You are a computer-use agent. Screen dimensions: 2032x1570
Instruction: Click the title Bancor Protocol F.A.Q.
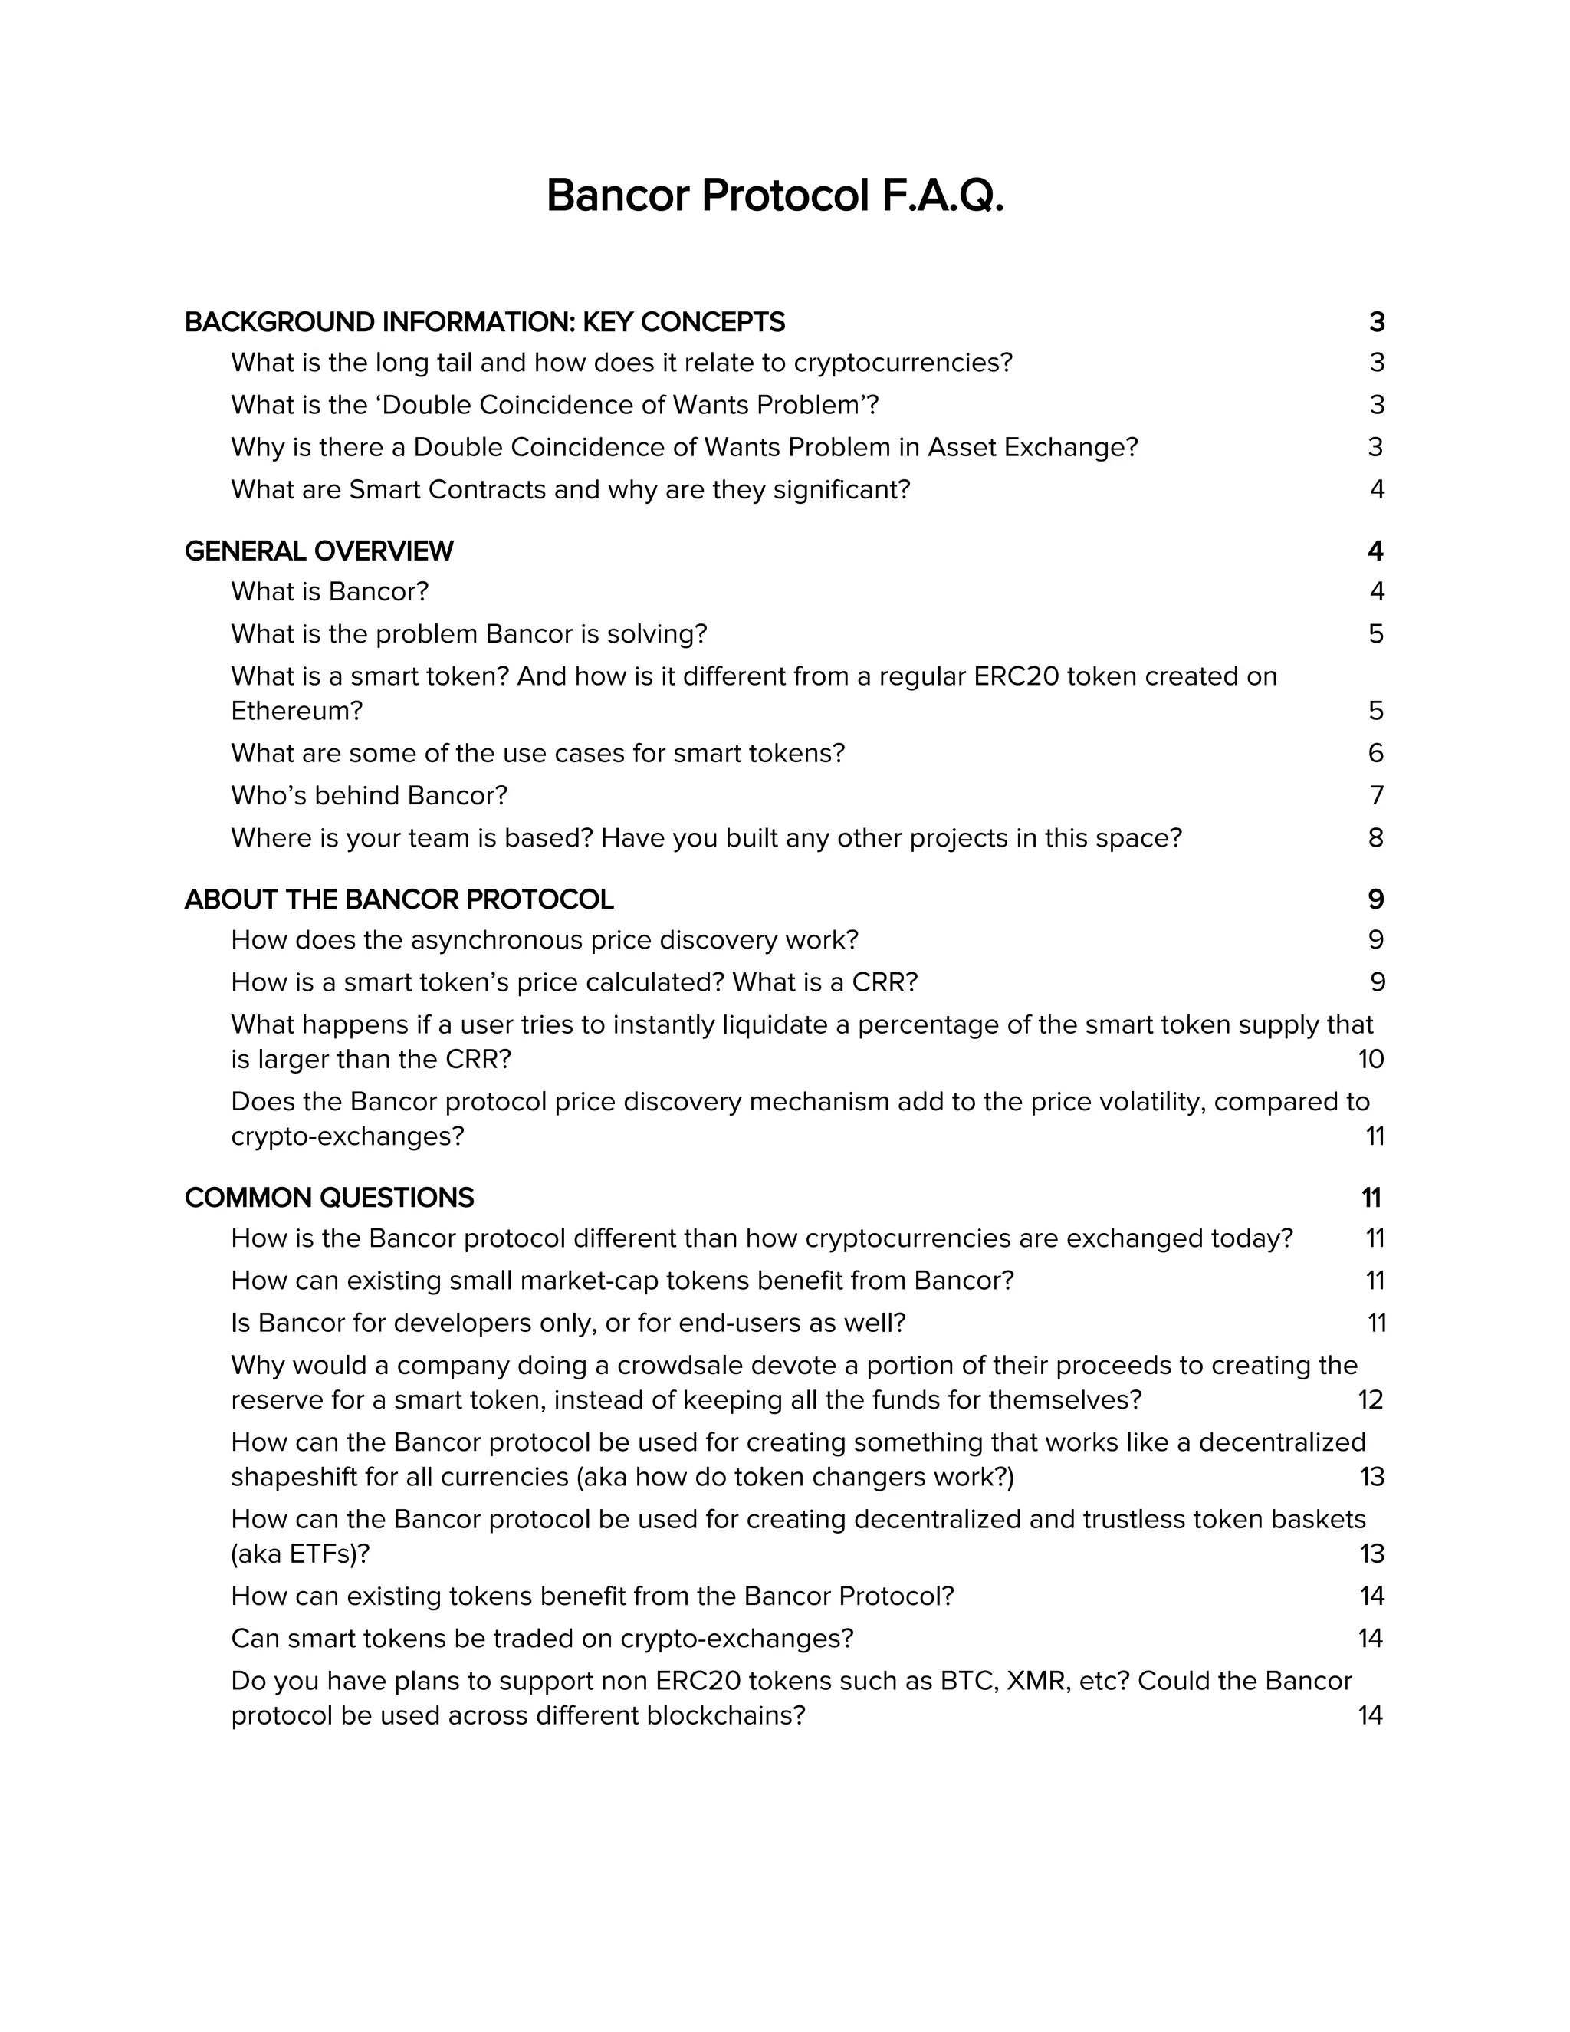[775, 196]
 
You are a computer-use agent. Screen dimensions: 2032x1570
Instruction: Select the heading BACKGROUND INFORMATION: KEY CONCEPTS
[484, 322]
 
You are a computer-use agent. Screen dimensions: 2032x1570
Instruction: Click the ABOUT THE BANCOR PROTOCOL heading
[399, 899]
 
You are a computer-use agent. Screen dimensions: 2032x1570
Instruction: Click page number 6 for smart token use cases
[1375, 753]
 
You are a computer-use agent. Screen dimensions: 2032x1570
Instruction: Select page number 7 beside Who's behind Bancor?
[1377, 795]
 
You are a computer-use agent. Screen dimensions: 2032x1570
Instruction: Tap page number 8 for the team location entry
[1375, 837]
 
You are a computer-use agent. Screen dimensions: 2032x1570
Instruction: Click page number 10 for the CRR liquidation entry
[1371, 1059]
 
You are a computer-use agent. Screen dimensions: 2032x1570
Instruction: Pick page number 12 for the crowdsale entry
[1370, 1399]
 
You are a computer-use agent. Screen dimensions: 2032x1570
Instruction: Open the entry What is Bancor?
[329, 592]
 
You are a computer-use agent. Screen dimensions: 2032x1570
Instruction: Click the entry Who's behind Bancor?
[370, 795]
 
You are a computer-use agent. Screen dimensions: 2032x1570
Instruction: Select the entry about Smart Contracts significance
[570, 489]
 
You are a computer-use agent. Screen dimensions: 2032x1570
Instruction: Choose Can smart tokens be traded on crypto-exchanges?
[542, 1638]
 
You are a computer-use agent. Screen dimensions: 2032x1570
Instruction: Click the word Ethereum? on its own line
[297, 711]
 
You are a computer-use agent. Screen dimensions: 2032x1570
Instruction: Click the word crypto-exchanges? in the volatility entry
[347, 1136]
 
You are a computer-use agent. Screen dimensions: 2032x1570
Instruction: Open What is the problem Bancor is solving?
[468, 633]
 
